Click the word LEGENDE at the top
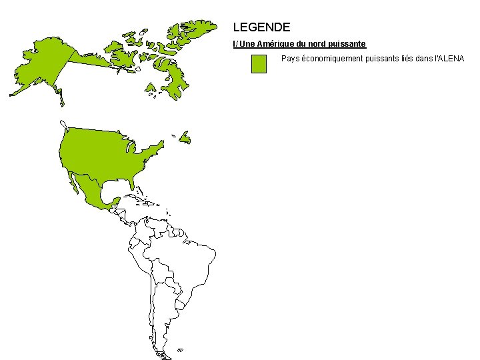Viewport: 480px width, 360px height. [261, 27]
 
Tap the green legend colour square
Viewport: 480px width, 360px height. [259, 64]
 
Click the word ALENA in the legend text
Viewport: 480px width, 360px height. [451, 59]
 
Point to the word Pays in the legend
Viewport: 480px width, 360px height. [290, 59]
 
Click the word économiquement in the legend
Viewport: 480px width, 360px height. [329, 59]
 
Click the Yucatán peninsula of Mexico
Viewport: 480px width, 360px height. [113, 200]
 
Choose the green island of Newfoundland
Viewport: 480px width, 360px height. [185, 138]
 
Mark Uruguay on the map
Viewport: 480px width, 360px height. [180, 305]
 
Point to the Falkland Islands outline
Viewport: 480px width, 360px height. [180, 349]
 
